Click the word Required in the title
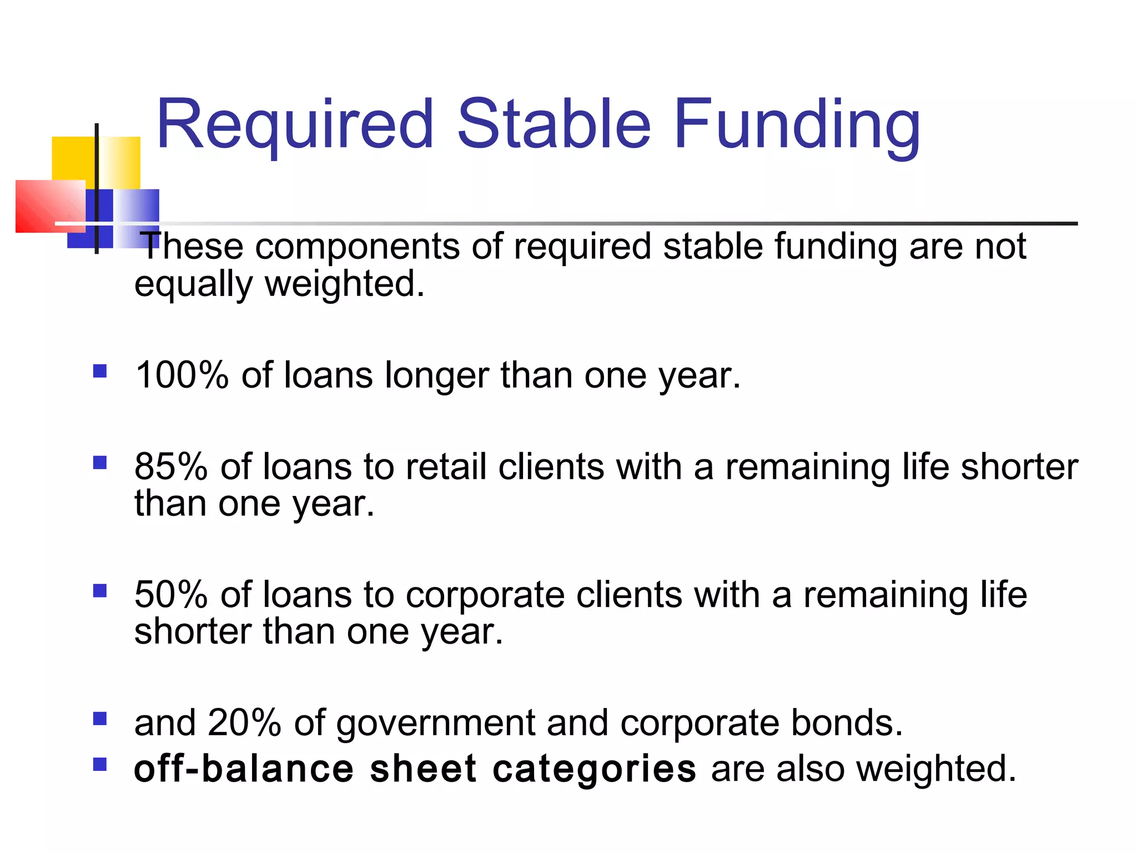pyautogui.click(x=294, y=125)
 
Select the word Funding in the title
pyautogui.click(x=797, y=125)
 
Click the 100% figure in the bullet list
pyautogui.click(x=182, y=375)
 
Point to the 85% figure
pyautogui.click(x=171, y=466)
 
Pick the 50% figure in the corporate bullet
pyautogui.click(x=171, y=595)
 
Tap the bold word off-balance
pyautogui.click(x=244, y=769)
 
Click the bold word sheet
pyautogui.click(x=422, y=769)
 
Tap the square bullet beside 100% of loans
pyautogui.click(x=100, y=371)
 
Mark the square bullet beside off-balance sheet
pyautogui.click(x=100, y=765)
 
